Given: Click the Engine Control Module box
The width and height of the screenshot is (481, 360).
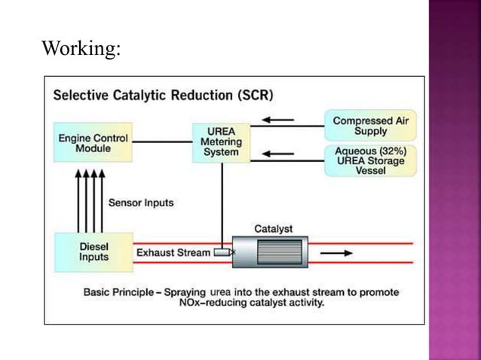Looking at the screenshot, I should tap(93, 143).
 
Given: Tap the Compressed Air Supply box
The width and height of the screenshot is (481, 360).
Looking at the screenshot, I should tap(370, 126).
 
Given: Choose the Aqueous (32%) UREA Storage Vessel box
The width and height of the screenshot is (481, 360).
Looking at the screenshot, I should tap(369, 160).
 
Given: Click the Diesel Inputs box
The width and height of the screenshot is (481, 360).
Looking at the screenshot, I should tap(93, 252).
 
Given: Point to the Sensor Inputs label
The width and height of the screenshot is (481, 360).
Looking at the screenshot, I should tap(141, 203).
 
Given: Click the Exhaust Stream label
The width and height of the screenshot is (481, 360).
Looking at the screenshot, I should tap(173, 252).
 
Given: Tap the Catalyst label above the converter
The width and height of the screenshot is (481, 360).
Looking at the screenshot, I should tap(273, 228).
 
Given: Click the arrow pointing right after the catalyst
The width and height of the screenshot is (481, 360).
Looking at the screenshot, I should tap(336, 253).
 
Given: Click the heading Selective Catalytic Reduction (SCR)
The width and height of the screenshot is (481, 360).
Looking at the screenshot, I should tap(162, 96).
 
